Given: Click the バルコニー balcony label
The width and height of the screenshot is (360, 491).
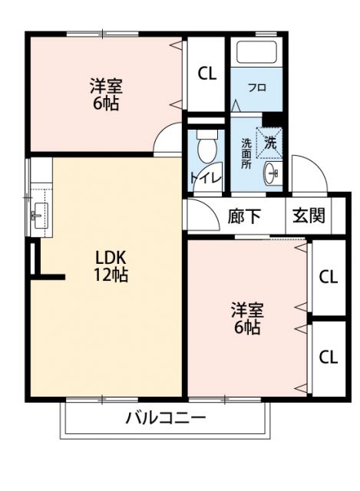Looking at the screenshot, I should [x=165, y=418].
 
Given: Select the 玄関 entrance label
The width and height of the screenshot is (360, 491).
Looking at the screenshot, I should [x=309, y=216].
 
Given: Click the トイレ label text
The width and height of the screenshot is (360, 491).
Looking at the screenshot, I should [x=205, y=178].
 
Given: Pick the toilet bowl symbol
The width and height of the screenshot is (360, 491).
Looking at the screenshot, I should [x=206, y=147].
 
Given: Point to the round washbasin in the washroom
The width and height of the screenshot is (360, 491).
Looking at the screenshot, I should [x=271, y=173].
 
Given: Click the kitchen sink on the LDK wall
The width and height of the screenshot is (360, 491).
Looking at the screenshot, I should [x=38, y=213].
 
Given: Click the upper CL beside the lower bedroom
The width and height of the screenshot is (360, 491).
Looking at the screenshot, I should [x=328, y=277].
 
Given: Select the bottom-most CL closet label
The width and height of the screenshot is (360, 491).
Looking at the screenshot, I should [x=328, y=357].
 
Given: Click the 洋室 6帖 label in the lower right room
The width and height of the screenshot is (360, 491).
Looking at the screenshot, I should [x=247, y=319].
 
